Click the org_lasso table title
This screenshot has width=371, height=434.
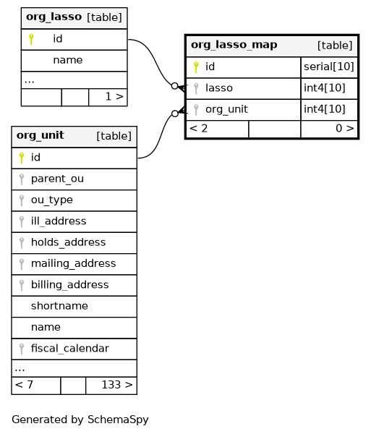[54, 17]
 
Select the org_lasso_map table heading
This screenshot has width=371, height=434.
[234, 45]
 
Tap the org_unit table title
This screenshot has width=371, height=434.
[40, 135]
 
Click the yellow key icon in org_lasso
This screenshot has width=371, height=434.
[31, 39]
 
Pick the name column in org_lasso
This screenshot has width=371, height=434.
[68, 60]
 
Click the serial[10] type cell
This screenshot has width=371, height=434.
[329, 67]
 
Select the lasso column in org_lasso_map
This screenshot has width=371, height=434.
[219, 88]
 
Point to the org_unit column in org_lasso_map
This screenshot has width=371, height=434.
[226, 109]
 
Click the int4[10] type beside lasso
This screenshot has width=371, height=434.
[325, 88]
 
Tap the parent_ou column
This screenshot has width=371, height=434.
[57, 179]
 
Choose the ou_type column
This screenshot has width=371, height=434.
[52, 200]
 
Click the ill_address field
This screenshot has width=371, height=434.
[59, 221]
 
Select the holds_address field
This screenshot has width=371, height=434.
[68, 242]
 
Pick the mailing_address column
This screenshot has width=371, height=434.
[73, 263]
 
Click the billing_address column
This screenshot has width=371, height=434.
[69, 285]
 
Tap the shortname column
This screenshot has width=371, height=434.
[59, 306]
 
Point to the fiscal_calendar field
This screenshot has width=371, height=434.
[70, 349]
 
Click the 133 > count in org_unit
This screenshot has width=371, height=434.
[117, 385]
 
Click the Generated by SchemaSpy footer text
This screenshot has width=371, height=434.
[80, 420]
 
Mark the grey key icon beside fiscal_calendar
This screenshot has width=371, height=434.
[22, 349]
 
